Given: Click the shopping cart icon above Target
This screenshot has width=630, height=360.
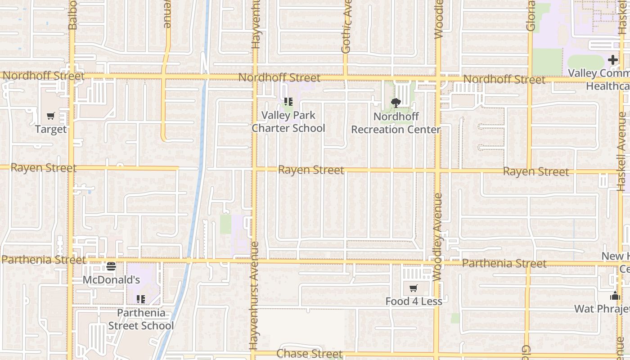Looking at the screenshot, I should tap(51, 116).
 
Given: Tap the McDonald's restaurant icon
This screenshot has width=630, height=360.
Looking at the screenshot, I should tap(111, 266).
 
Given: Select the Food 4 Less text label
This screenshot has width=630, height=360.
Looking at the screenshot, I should tap(414, 301).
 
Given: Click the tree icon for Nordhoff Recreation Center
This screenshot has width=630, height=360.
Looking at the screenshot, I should tap(396, 103).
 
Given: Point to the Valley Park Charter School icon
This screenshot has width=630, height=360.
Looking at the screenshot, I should tap(288, 102).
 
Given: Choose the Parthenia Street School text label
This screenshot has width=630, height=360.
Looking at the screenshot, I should tap(141, 319).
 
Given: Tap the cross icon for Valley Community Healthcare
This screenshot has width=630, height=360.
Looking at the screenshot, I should tap(612, 60).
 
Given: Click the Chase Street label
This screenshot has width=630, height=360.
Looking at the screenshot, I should tap(310, 354).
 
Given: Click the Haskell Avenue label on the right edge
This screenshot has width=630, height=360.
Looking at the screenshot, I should tap(621, 151).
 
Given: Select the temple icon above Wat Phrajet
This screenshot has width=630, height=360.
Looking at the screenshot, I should tap(615, 296).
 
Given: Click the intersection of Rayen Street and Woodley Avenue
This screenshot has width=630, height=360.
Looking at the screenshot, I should tap(437, 171).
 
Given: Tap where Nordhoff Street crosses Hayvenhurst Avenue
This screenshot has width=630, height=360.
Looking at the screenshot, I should tap(254, 77).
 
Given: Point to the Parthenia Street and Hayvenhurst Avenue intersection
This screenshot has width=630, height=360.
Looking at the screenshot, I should tap(253, 261).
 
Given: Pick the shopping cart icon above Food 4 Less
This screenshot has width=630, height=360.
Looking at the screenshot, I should tap(413, 288).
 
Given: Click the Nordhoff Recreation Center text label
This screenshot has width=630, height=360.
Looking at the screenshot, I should tap(396, 123).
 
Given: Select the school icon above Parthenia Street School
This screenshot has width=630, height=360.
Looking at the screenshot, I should tap(141, 299).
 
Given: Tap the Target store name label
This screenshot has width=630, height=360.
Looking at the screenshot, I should tap(51, 130).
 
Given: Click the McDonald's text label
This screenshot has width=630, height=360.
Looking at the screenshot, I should tap(111, 280).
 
